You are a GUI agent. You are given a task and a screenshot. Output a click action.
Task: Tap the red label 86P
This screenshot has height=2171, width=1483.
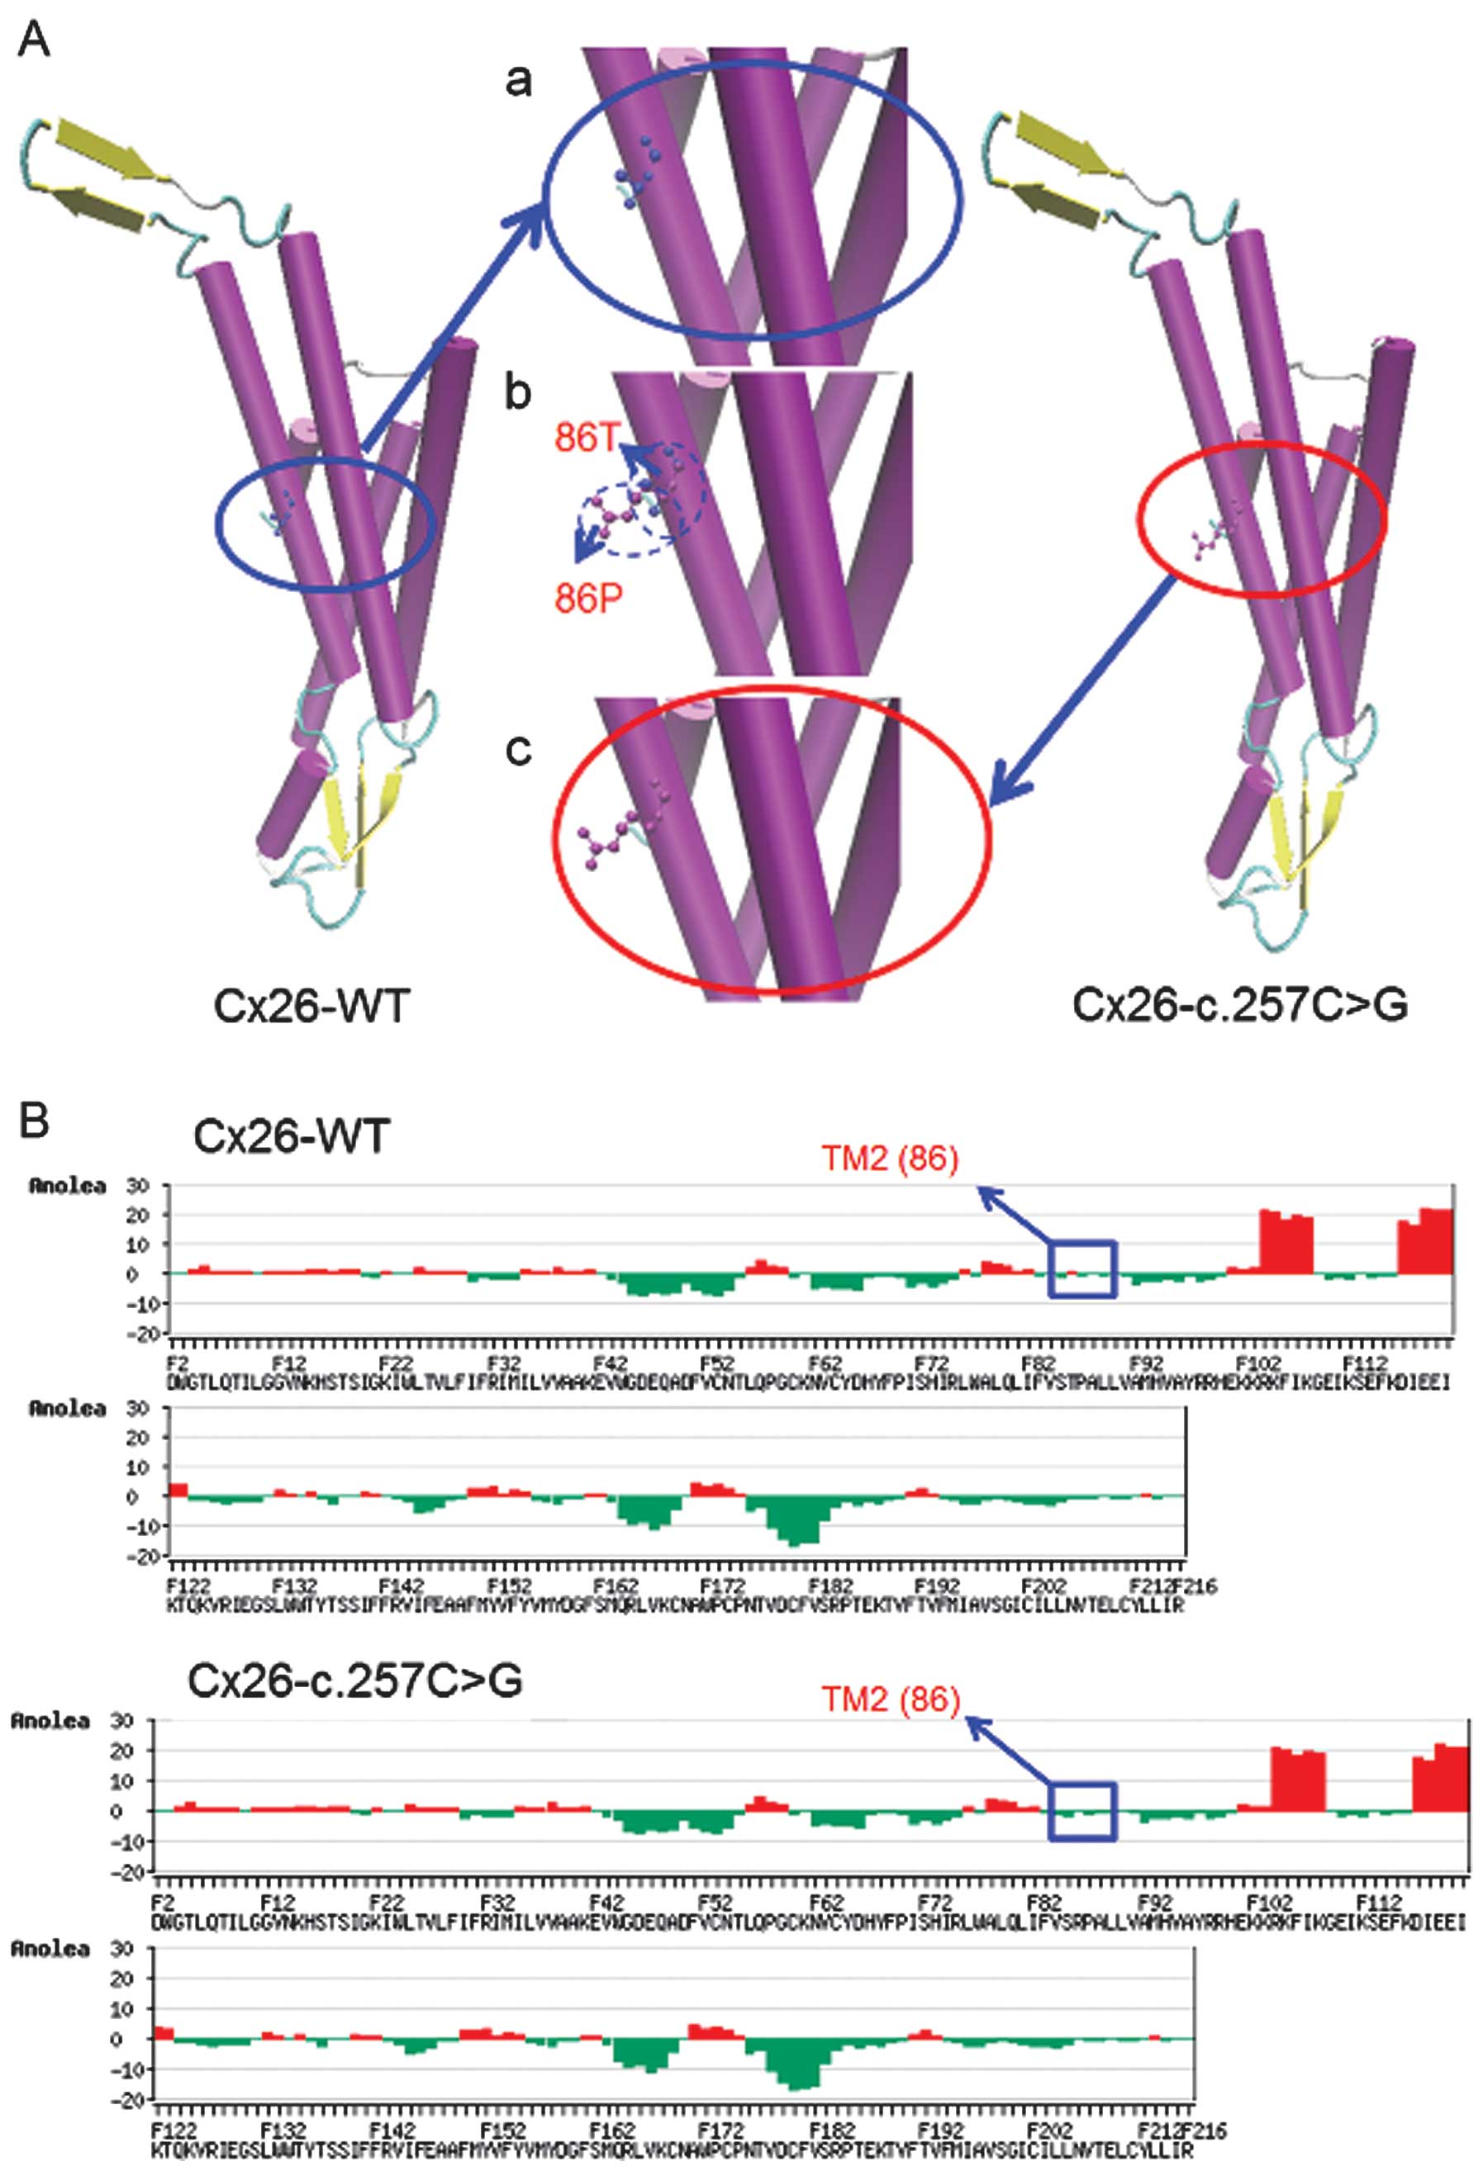click(x=587, y=599)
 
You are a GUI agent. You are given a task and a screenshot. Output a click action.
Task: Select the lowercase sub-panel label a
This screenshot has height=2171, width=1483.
click(x=518, y=83)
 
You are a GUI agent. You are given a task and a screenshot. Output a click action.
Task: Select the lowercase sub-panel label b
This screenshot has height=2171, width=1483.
click(x=518, y=392)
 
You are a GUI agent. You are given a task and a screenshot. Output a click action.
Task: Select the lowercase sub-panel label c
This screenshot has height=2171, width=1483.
click(x=518, y=749)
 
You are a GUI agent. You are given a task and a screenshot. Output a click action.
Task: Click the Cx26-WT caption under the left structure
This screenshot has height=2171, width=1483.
click(x=311, y=1006)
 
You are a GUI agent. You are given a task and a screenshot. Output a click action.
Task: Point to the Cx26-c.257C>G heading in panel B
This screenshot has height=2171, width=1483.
click(x=354, y=1680)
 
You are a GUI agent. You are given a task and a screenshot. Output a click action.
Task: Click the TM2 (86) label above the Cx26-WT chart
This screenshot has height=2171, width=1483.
click(x=890, y=1159)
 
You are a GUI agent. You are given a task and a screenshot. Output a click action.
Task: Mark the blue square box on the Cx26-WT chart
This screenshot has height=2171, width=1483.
click(x=1082, y=1268)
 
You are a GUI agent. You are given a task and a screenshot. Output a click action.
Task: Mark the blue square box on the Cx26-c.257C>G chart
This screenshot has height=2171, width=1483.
click(x=1082, y=1811)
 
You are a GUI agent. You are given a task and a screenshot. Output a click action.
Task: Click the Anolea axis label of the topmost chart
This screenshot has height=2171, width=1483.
click(x=67, y=1187)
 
